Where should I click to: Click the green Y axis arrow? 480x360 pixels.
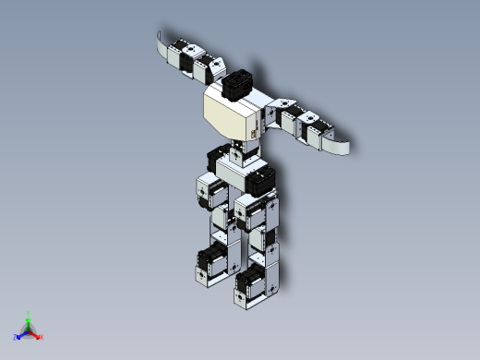tap(29, 318)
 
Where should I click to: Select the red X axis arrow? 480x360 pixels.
tap(36, 335)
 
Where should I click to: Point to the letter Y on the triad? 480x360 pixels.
tap(29, 313)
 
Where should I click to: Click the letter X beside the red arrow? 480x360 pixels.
tap(42, 337)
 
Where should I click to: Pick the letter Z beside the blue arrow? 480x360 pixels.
tap(16, 337)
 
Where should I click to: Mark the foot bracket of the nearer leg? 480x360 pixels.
tap(251, 297)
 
